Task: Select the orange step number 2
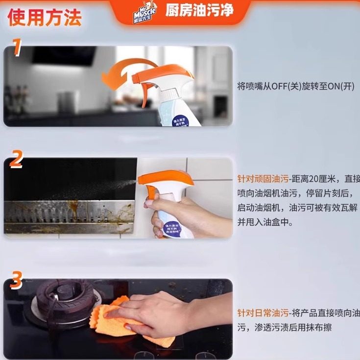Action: pyautogui.click(x=17, y=159)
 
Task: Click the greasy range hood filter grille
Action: pyautogui.click(x=69, y=211)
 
